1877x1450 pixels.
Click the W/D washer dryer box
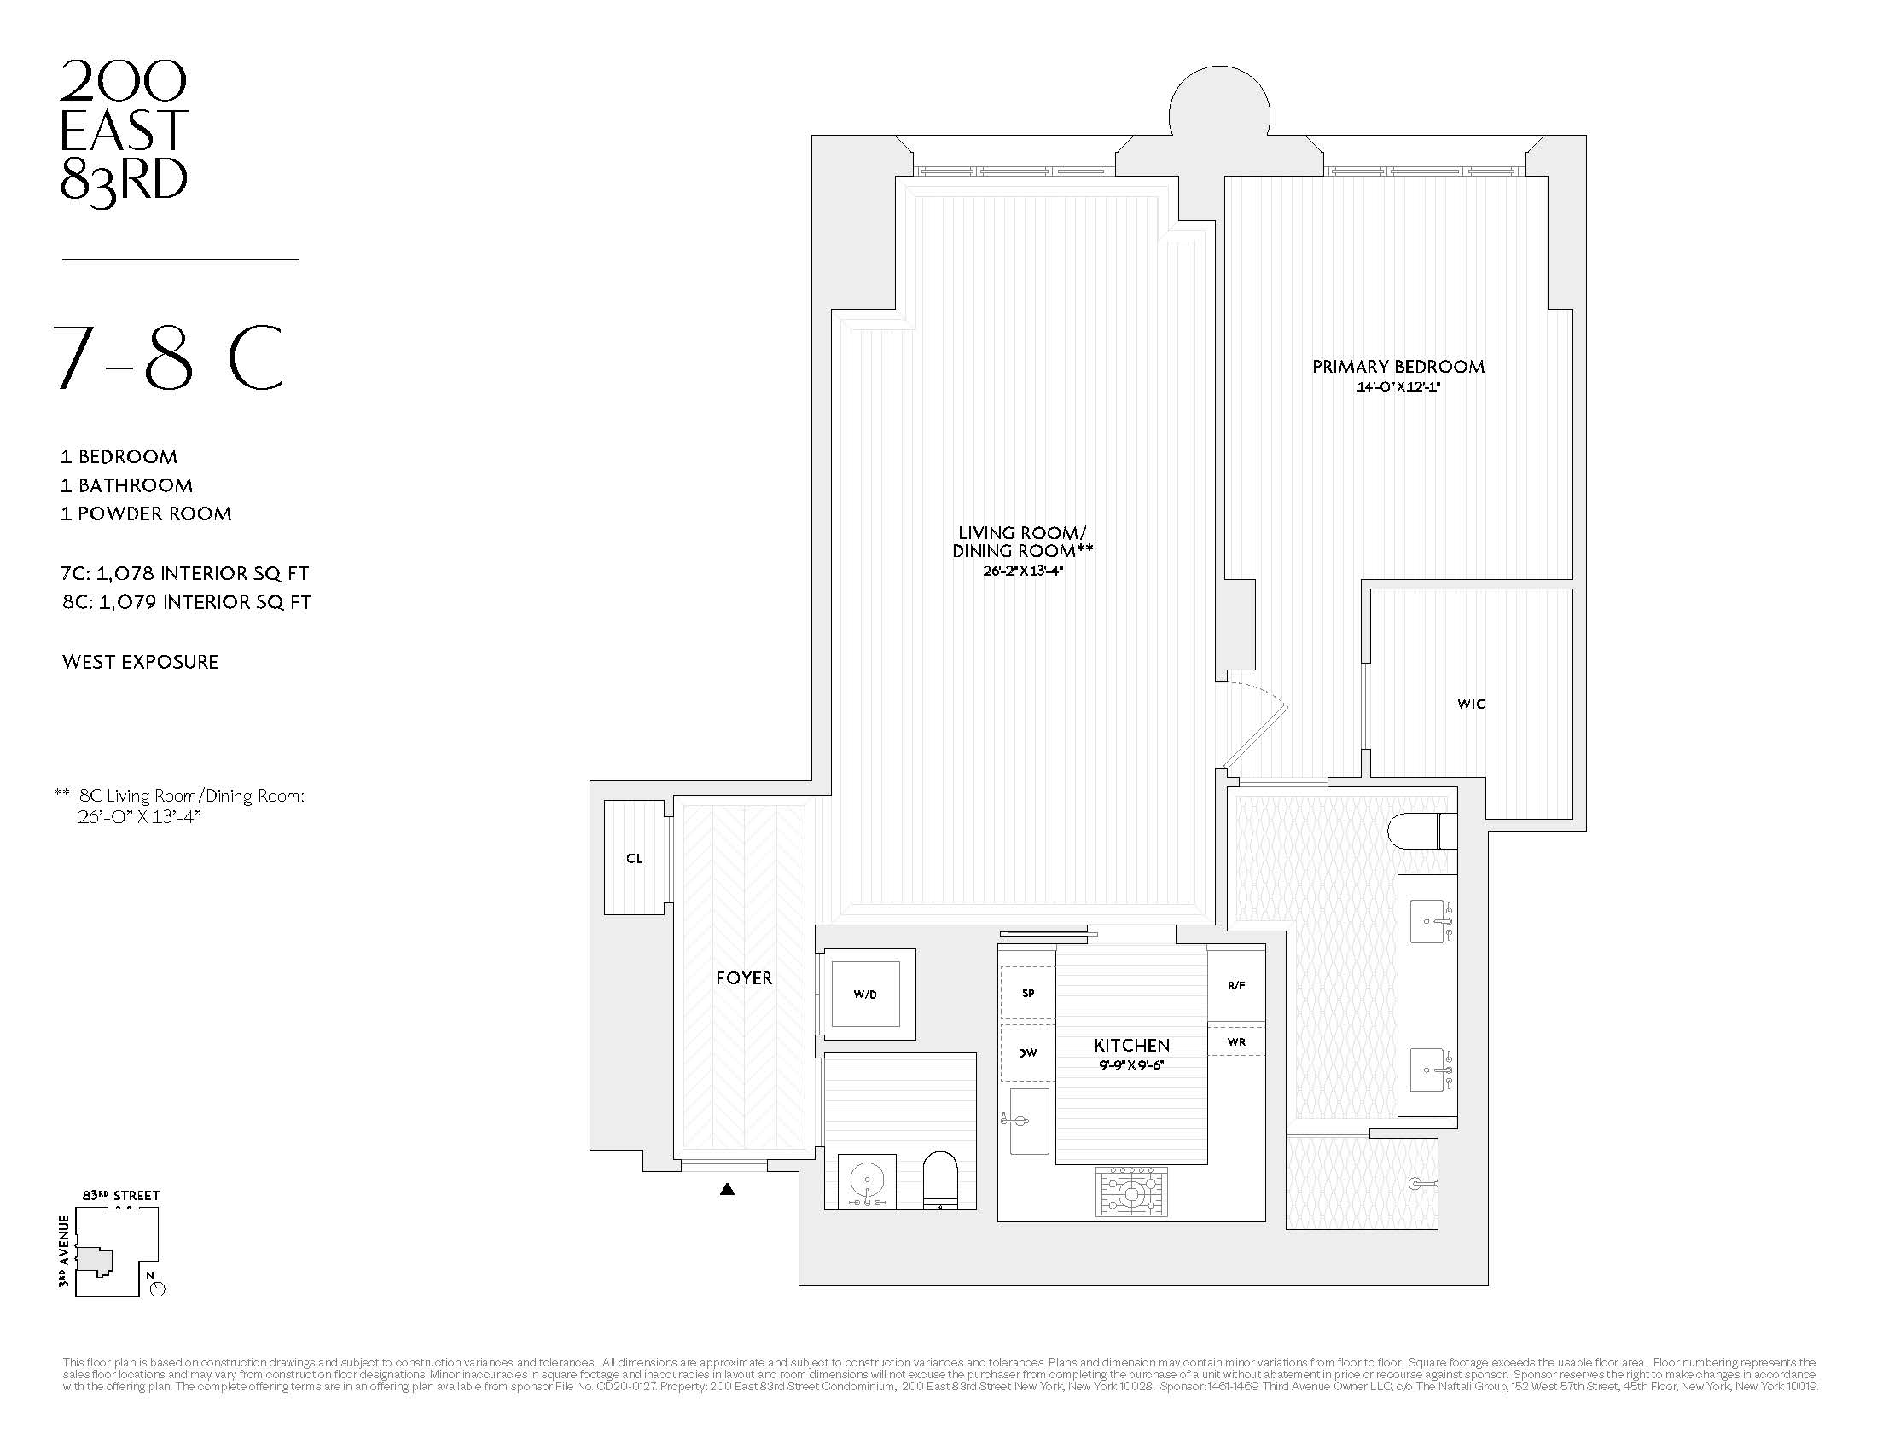tap(864, 994)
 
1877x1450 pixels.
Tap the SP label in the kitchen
tap(1028, 993)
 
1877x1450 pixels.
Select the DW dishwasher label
tap(1028, 1053)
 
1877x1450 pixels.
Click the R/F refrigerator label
tap(1236, 986)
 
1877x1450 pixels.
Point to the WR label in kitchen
tap(1236, 1042)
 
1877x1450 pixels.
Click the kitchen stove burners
tap(1132, 1192)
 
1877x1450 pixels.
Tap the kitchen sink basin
tap(1030, 1121)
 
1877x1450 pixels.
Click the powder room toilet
tap(940, 1180)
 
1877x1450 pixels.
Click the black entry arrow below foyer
tap(727, 1190)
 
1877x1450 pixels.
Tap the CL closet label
tap(634, 858)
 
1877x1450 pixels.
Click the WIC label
tap(1471, 704)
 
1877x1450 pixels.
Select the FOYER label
tap(744, 977)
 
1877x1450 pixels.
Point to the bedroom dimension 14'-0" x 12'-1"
tap(1398, 387)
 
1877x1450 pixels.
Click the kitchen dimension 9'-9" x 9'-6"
tap(1131, 1065)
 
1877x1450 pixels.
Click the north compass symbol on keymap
tap(157, 1289)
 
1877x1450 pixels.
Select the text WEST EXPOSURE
tap(140, 662)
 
